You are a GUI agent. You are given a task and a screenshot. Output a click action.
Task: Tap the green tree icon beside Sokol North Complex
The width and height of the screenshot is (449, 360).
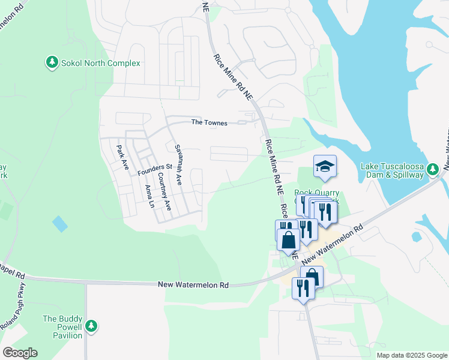pyautogui.click(x=52, y=62)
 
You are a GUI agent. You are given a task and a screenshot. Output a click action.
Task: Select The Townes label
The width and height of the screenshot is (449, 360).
pyautogui.click(x=209, y=123)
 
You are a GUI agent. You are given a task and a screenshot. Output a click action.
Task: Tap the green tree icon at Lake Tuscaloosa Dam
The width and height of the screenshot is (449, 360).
pyautogui.click(x=432, y=171)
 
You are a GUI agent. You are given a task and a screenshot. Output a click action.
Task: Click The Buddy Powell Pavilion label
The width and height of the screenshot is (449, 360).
pyautogui.click(x=62, y=327)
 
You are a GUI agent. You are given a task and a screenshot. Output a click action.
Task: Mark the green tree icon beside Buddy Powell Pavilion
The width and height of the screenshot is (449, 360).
pyautogui.click(x=91, y=326)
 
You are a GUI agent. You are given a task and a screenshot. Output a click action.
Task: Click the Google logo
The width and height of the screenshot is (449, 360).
pyautogui.click(x=20, y=353)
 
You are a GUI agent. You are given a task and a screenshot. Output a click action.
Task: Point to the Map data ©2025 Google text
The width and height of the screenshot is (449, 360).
pyautogui.click(x=411, y=355)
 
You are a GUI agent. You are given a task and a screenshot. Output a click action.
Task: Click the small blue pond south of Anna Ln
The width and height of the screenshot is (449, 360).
pyautogui.click(x=60, y=224)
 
